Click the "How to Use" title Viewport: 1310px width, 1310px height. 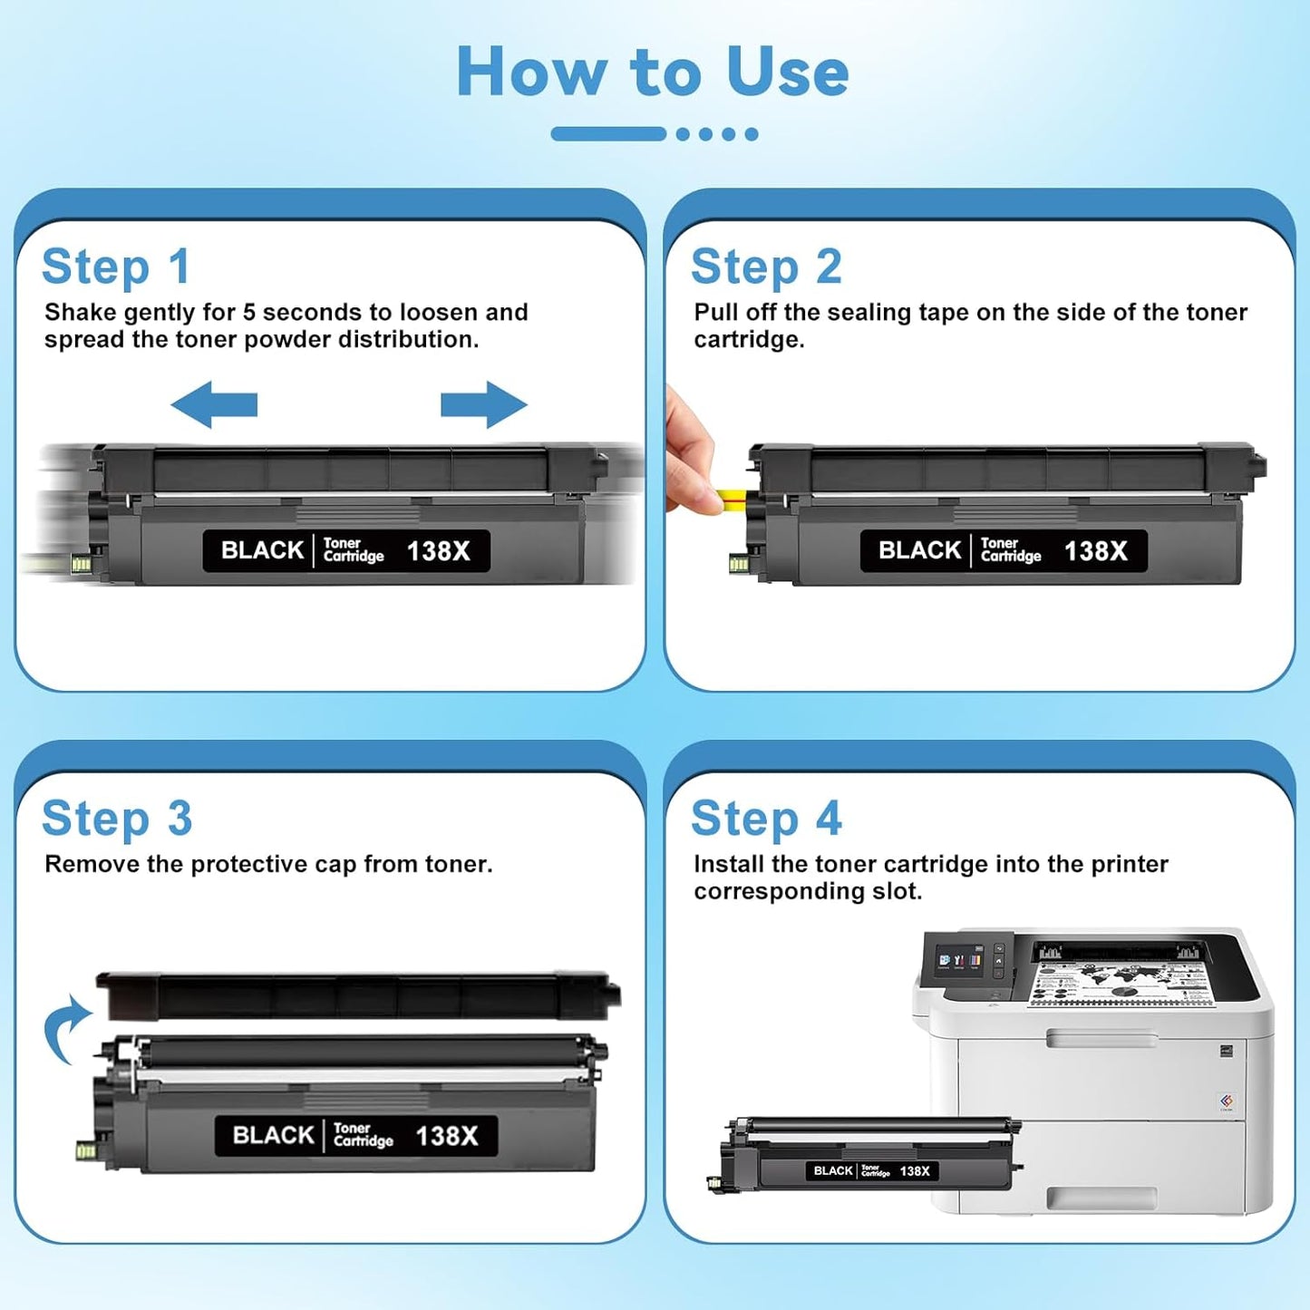point(653,72)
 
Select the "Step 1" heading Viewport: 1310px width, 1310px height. point(116,267)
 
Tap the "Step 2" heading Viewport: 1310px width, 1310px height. point(766,267)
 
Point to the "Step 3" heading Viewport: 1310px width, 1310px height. point(117,819)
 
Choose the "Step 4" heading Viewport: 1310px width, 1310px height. point(766,819)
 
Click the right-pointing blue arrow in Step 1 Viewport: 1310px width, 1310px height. point(483,404)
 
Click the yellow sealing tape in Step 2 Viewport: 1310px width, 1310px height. point(730,496)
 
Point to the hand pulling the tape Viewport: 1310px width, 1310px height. point(688,453)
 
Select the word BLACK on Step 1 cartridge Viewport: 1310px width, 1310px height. point(262,550)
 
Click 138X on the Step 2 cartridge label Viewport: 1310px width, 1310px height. point(1095,551)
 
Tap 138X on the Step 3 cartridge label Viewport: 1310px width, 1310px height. point(446,1136)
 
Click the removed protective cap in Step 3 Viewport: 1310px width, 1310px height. point(357,996)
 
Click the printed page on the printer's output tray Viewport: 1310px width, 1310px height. point(1121,983)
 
